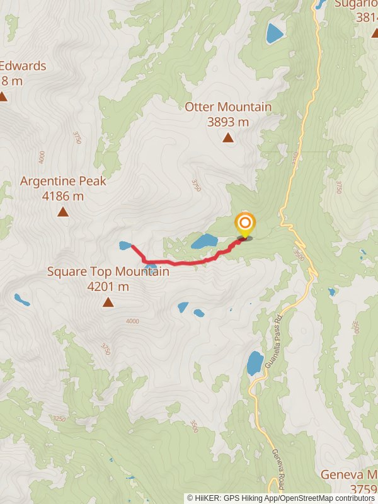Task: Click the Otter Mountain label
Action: pos(228,107)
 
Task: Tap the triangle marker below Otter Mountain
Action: pos(228,137)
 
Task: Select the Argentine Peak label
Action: pos(63,181)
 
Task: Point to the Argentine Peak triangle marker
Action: pos(63,212)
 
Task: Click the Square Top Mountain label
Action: pos(108,272)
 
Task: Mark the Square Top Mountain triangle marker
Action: pos(108,303)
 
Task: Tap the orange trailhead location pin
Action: pos(244,224)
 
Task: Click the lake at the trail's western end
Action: pos(126,245)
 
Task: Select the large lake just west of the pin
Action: pos(204,241)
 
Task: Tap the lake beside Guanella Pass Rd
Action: pos(255,363)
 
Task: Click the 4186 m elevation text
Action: pos(63,196)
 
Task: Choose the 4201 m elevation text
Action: pos(108,287)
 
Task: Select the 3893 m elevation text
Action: pos(228,122)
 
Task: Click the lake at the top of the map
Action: pos(275,33)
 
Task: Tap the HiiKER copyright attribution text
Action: pos(280,498)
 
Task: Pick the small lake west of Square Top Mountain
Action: pos(22,300)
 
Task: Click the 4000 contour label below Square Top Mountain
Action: pos(132,322)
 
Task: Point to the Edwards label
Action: pos(23,66)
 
